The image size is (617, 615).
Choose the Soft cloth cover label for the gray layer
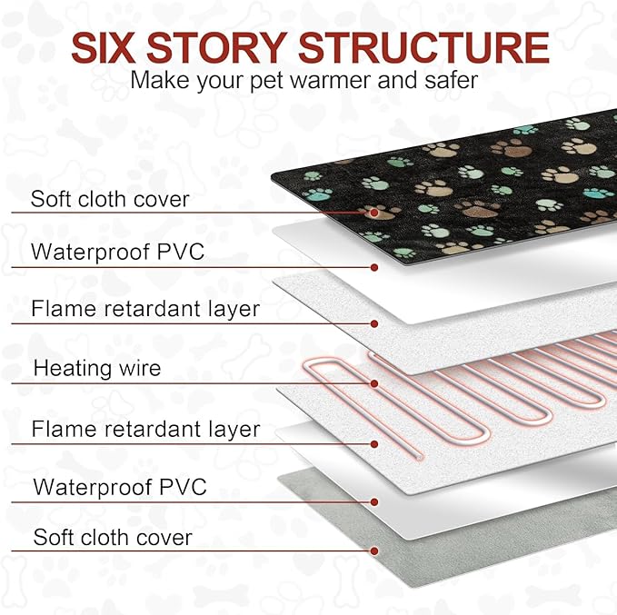tap(113, 537)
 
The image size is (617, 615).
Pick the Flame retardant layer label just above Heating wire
tap(145, 309)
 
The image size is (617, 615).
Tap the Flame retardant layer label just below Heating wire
tap(145, 429)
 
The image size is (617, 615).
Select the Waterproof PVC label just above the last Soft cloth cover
tap(120, 487)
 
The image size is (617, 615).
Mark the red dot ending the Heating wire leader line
tap(373, 383)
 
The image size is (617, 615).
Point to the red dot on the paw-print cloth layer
tap(373, 213)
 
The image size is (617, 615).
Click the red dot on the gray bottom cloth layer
tap(373, 551)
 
